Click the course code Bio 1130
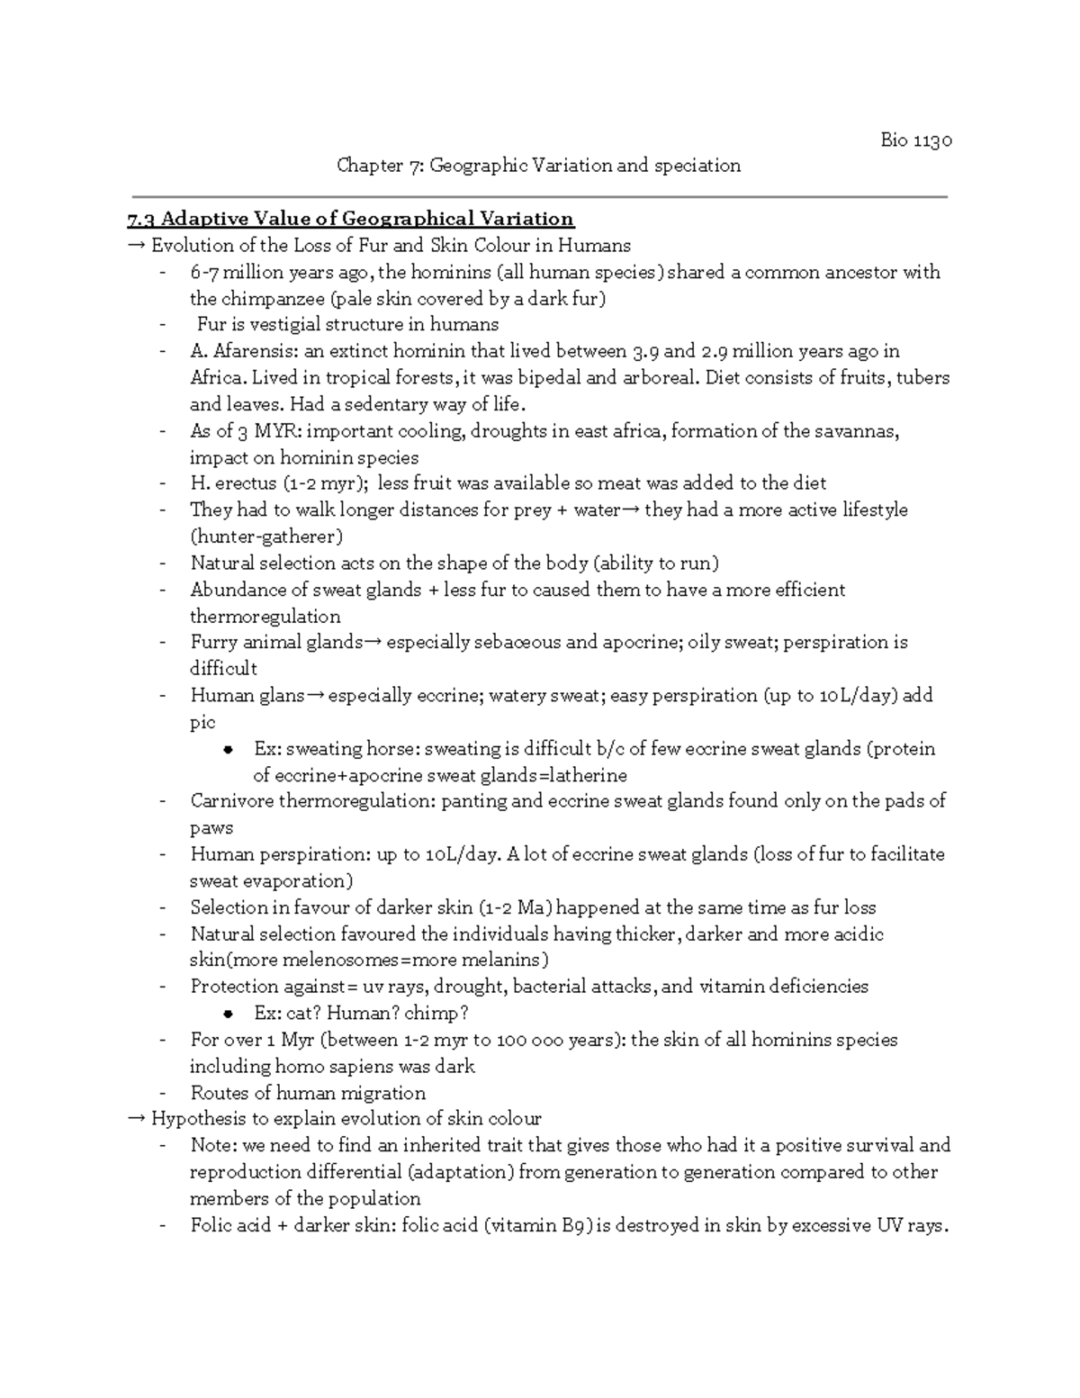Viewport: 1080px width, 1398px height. click(915, 140)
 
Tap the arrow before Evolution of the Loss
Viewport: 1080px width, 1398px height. click(137, 246)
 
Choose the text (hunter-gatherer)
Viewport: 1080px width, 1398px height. click(266, 537)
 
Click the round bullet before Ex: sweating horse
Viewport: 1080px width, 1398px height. click(229, 750)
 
